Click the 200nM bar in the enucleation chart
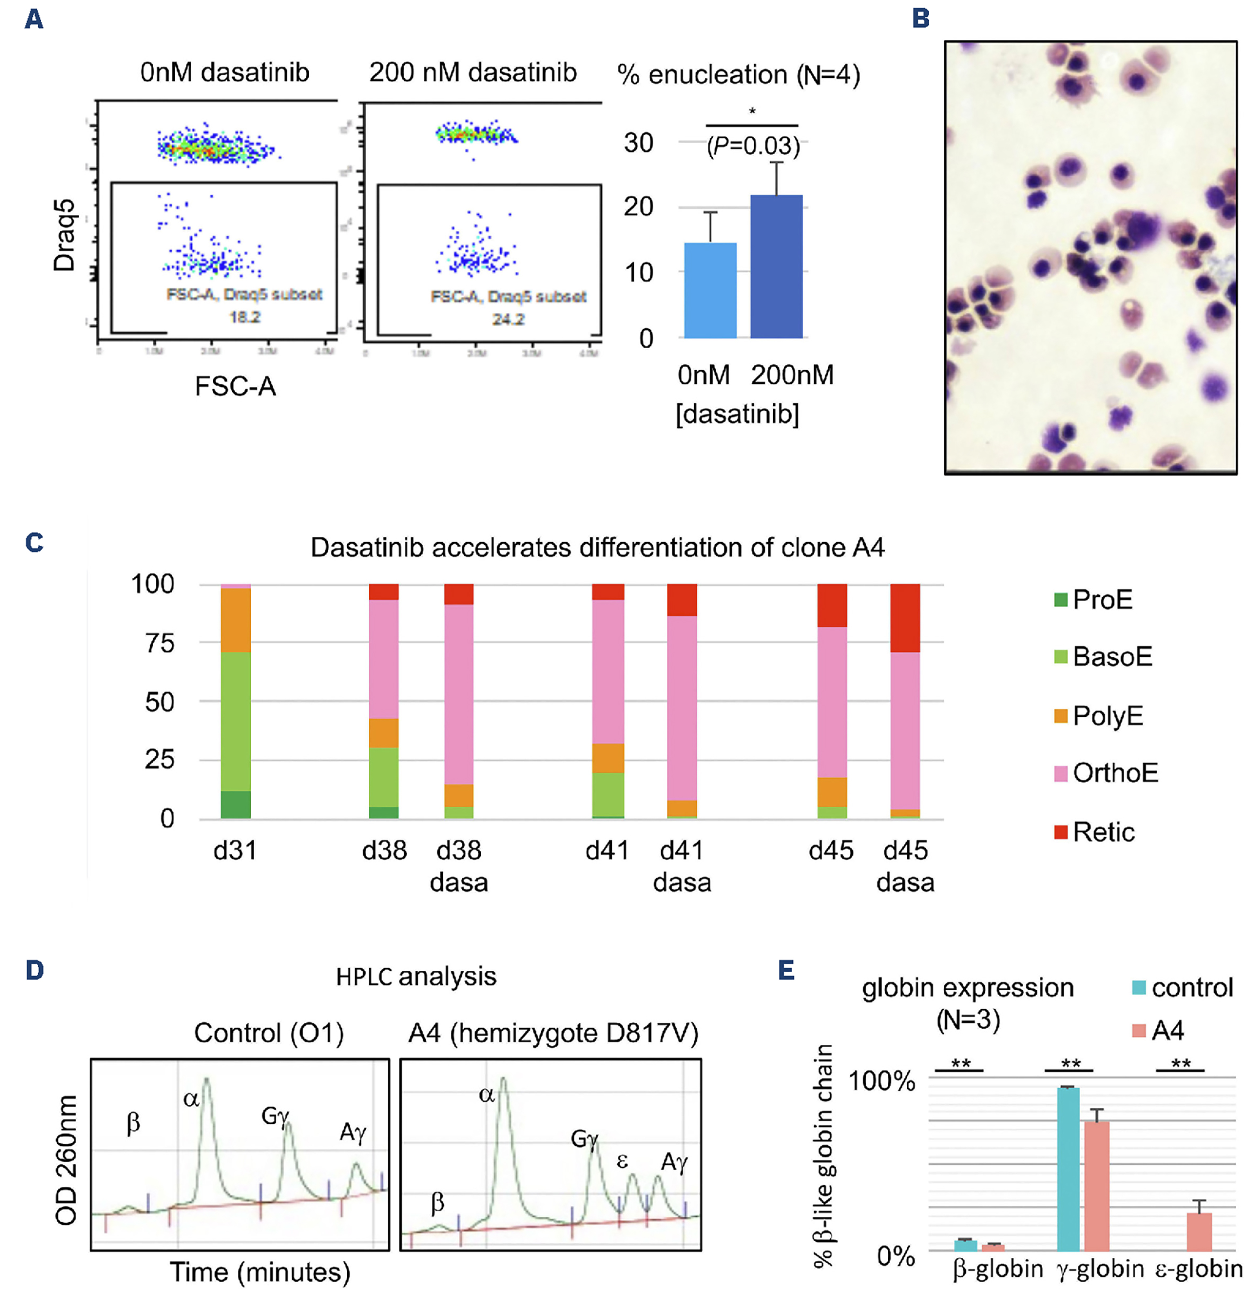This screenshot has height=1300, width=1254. (776, 266)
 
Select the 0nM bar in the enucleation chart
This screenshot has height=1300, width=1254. (710, 290)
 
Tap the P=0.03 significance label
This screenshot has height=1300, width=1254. (752, 146)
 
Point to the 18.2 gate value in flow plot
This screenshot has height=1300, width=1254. (245, 317)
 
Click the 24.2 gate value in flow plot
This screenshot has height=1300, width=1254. (508, 319)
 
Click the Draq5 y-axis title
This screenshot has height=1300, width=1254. (64, 236)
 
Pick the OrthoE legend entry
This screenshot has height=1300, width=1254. (1105, 773)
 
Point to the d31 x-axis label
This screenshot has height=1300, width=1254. (235, 850)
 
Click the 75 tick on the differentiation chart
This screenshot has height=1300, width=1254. (160, 643)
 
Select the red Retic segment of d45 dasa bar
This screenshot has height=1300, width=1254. (904, 617)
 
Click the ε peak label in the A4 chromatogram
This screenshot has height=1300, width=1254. (622, 1161)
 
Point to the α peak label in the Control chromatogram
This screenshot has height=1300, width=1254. (191, 1099)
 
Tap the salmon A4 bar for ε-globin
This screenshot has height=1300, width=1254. (1199, 1232)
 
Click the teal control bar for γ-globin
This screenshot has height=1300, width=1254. (1068, 1169)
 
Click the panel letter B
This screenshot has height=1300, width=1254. (921, 18)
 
